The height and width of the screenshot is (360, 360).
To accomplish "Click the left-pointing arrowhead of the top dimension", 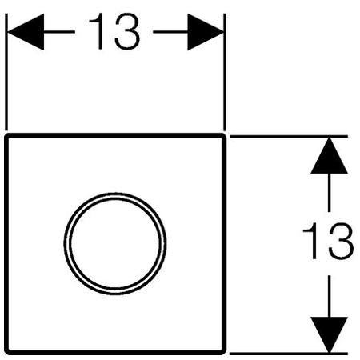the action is point(26,32).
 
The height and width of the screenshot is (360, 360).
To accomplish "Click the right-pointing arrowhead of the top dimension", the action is point(206,32).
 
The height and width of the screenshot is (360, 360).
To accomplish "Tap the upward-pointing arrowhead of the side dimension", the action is point(330,155).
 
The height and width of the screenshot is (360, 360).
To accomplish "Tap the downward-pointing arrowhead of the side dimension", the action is point(330,335).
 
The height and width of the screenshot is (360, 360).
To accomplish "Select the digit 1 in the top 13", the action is point(98,31).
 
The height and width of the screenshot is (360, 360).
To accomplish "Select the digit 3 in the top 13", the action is point(127,31).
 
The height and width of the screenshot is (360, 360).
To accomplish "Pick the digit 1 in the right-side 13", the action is point(311,241).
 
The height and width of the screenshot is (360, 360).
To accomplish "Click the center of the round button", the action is point(115,243).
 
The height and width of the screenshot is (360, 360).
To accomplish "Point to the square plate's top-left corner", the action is point(7,135).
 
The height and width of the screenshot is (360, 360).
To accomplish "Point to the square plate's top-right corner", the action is point(224,135).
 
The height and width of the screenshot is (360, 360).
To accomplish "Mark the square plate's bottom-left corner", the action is point(7,353).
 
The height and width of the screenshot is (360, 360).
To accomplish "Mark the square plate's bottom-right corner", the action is point(224,353).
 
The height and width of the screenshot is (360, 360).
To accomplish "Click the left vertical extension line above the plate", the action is point(6,72).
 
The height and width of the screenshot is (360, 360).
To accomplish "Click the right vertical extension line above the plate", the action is point(225,72).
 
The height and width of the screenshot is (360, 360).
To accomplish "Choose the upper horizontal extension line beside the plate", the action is point(289,136).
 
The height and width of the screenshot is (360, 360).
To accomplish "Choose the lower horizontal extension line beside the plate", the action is point(289,354).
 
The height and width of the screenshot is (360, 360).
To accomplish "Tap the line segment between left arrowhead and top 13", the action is point(59,32).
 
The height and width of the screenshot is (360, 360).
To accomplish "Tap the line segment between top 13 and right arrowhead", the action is point(170,32).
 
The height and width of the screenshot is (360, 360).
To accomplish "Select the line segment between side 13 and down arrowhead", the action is point(330,296).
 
